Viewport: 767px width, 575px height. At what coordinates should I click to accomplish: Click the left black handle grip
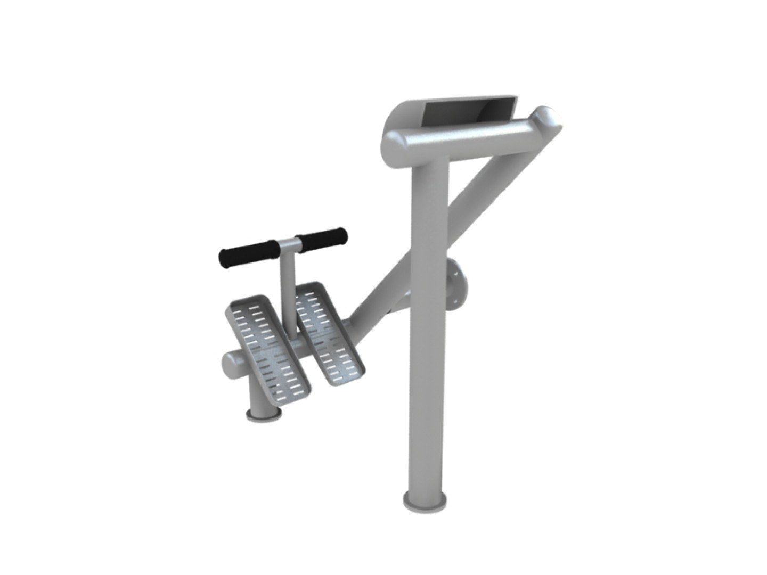(248, 255)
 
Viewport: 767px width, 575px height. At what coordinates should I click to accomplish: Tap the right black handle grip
(322, 239)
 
